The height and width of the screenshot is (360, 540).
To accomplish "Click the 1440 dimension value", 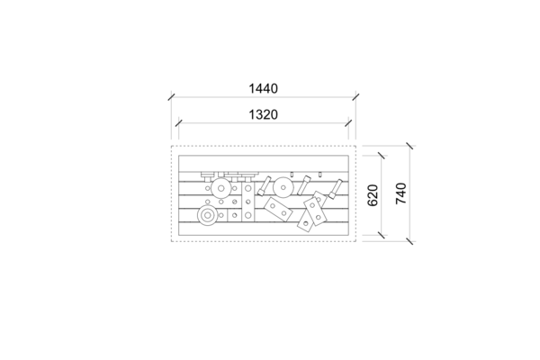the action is click(263, 88).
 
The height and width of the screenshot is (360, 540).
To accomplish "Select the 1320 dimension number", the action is click(263, 114).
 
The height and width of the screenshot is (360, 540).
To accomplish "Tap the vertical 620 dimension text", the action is click(373, 195).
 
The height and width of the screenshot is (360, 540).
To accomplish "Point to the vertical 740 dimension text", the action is click(400, 193).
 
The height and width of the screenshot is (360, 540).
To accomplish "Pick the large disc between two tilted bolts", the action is click(283, 187).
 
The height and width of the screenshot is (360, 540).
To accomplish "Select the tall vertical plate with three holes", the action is click(248, 202).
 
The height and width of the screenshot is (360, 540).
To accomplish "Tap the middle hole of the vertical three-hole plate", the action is click(248, 202).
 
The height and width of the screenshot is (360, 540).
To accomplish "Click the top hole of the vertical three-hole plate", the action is click(248, 188).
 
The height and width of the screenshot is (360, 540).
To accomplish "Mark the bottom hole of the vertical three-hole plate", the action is click(248, 216).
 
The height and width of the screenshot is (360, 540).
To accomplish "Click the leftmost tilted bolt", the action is click(264, 186).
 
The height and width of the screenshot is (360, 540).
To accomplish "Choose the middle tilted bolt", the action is click(304, 185).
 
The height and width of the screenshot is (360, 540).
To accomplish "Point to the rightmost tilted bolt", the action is click(335, 189).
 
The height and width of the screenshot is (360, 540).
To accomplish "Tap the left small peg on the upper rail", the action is click(292, 175).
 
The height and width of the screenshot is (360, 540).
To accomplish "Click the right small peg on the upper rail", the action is click(319, 175).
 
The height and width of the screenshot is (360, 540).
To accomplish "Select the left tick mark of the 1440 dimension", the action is click(172, 97).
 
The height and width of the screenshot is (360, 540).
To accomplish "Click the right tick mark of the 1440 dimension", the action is click(355, 97).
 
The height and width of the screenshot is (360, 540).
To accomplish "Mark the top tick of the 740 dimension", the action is click(409, 146).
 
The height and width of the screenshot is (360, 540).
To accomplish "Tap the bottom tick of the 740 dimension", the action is click(409, 241).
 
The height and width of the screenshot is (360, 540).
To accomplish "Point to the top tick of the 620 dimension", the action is click(382, 156).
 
